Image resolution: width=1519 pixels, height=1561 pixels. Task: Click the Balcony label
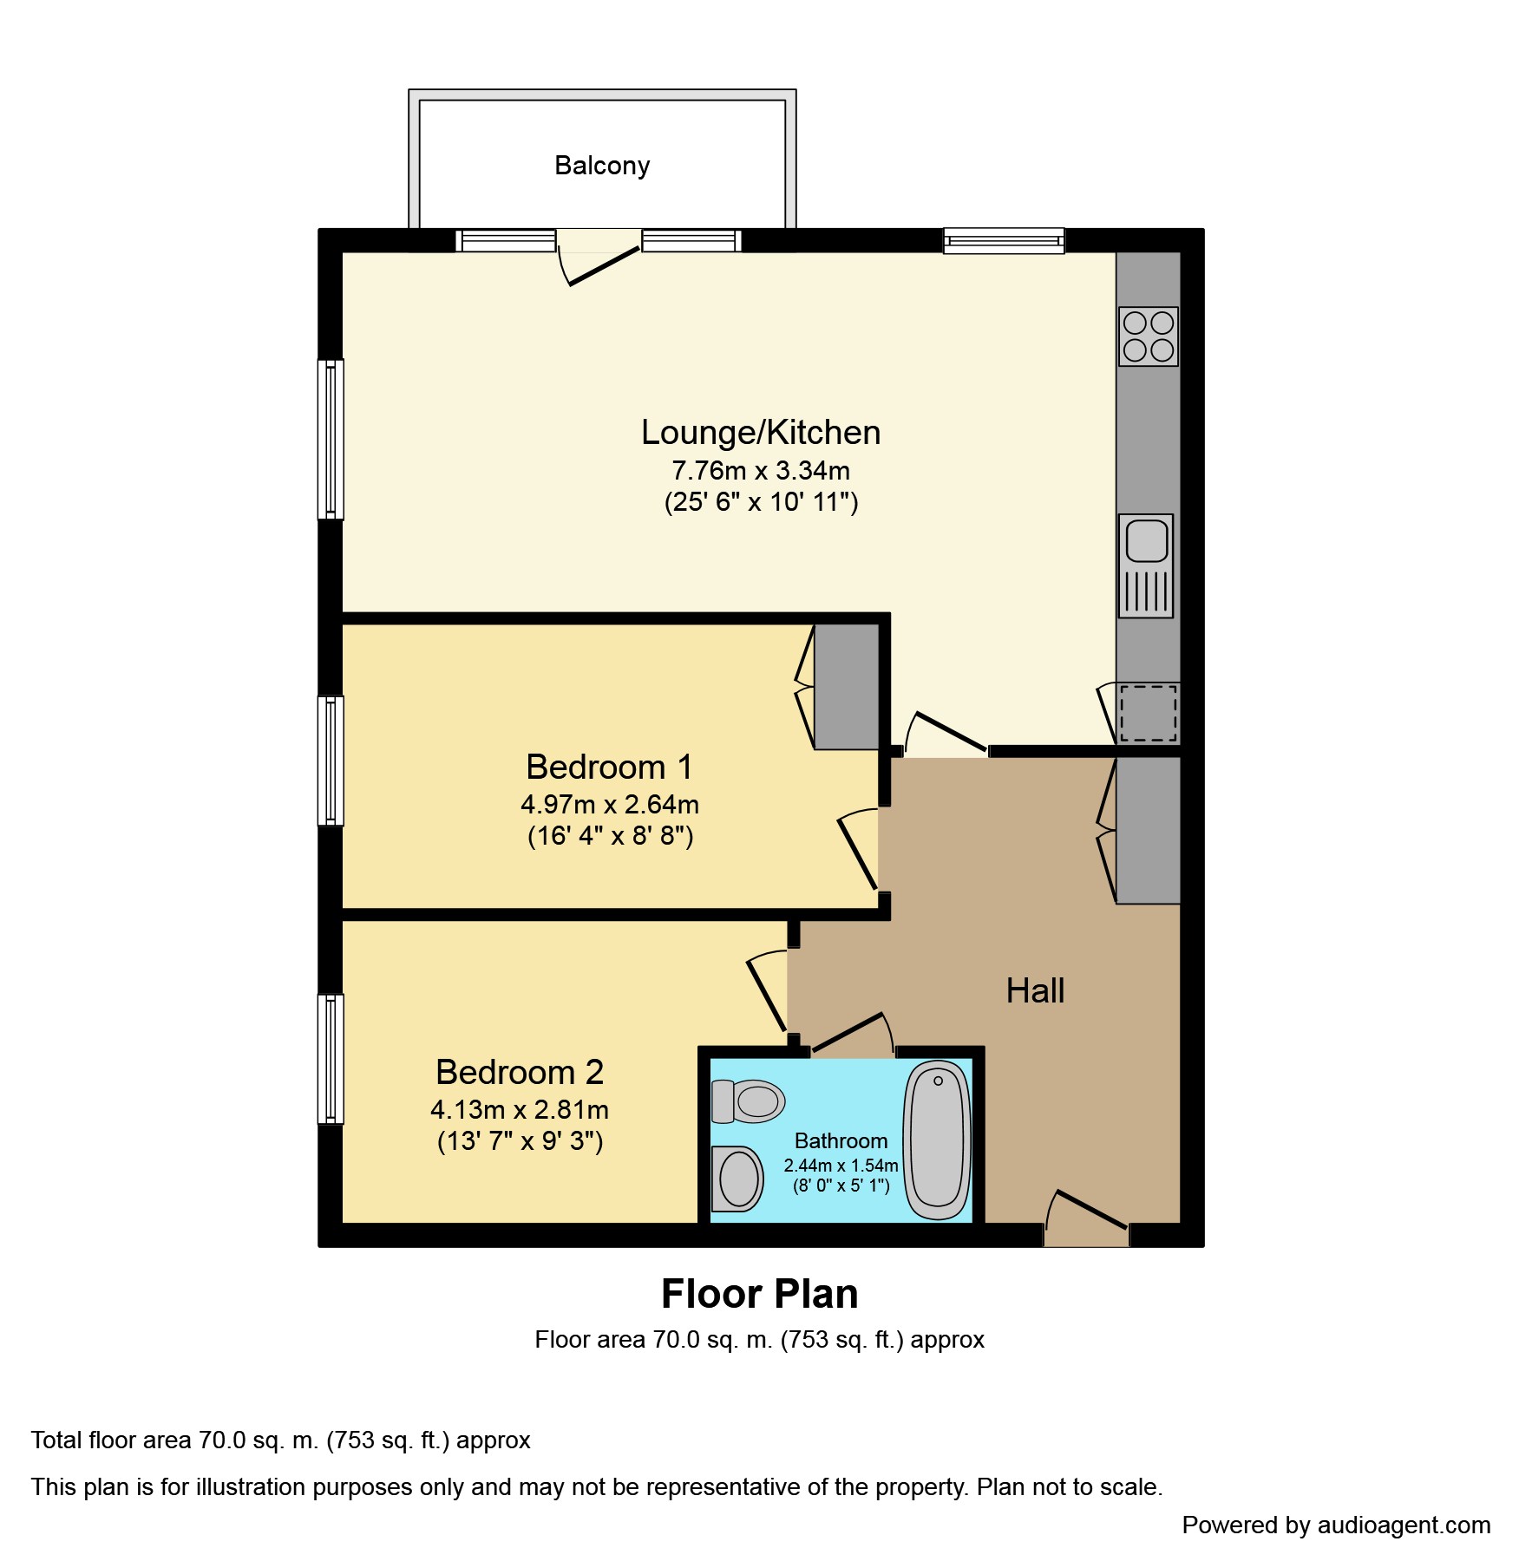click(x=602, y=166)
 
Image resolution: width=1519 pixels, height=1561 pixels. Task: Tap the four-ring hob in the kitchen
click(x=1148, y=336)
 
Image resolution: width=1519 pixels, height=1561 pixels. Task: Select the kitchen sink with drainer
click(x=1146, y=565)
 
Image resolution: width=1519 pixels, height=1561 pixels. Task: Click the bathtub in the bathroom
click(x=937, y=1140)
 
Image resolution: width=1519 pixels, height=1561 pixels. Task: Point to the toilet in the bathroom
click(x=748, y=1101)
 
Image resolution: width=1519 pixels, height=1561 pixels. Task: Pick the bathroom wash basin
click(x=737, y=1179)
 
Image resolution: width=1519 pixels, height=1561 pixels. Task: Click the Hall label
click(x=1035, y=990)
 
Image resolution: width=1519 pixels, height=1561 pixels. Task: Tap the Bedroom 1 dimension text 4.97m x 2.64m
click(x=610, y=805)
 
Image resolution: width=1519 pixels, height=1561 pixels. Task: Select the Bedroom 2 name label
click(x=520, y=1072)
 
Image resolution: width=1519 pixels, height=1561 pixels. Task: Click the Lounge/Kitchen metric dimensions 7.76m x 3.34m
click(x=761, y=471)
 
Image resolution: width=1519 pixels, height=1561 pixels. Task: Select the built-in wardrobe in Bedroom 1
click(x=846, y=687)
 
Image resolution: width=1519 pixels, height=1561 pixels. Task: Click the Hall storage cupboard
click(x=1148, y=831)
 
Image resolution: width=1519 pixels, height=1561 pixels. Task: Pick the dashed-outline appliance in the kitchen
click(x=1148, y=713)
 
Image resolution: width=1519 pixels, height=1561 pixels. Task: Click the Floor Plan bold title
click(x=760, y=1294)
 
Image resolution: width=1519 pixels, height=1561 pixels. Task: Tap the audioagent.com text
click(x=1404, y=1525)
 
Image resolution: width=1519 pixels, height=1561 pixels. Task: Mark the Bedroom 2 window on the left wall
click(x=331, y=1059)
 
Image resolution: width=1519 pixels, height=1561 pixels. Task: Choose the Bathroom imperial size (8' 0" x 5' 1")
click(x=841, y=1185)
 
